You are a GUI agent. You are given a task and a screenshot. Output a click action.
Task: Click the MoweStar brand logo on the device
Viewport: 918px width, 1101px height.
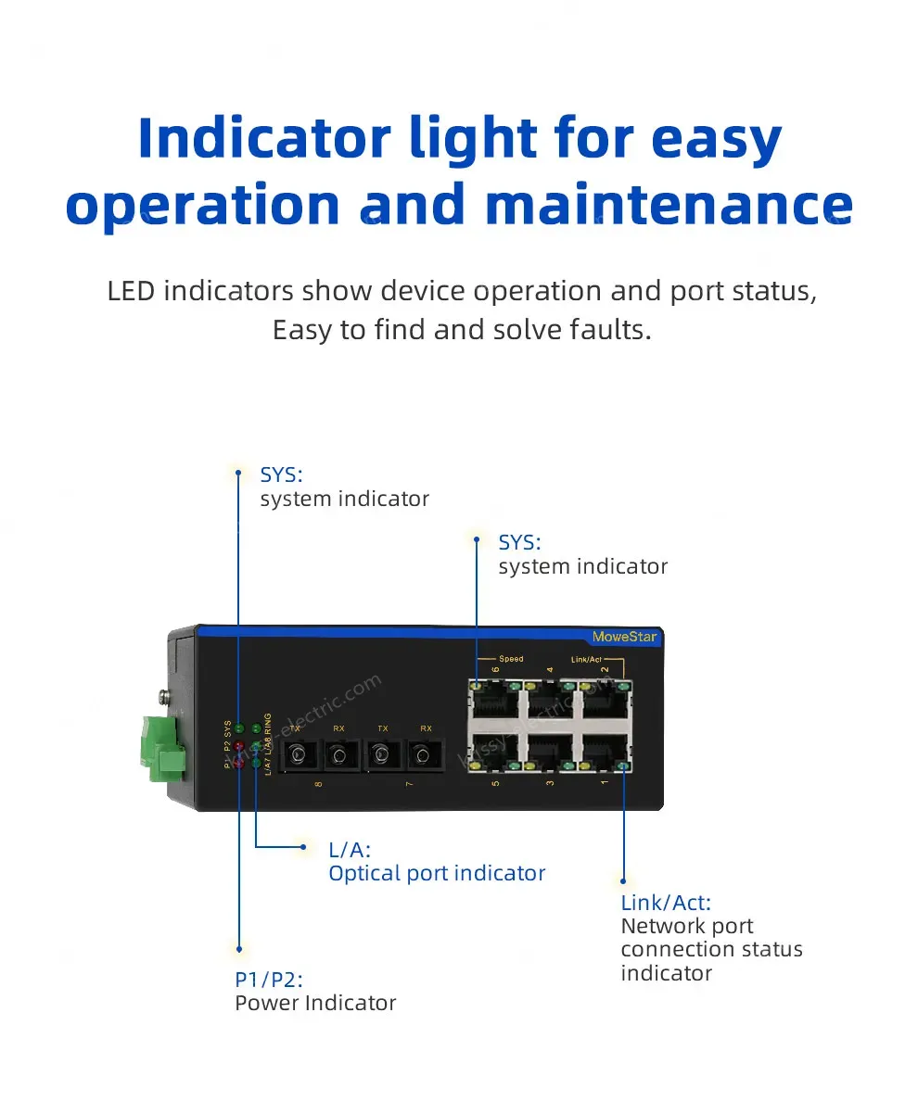click(623, 637)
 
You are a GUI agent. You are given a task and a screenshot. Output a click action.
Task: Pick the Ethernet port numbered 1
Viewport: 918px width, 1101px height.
click(604, 753)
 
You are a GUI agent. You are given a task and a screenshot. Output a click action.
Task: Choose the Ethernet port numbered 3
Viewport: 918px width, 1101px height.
click(549, 753)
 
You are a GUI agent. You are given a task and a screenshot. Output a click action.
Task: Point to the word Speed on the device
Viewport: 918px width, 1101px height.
click(511, 659)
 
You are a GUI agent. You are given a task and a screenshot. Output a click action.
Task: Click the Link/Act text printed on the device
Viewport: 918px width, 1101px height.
click(587, 659)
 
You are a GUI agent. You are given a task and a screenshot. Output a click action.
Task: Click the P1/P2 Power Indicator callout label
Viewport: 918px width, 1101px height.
click(315, 991)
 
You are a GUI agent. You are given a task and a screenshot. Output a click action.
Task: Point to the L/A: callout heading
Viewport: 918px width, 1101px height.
click(350, 849)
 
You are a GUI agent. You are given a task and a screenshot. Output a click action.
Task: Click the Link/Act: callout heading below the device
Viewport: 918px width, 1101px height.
click(666, 902)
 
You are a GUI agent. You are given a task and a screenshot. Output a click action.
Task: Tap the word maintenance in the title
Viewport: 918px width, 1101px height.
click(669, 205)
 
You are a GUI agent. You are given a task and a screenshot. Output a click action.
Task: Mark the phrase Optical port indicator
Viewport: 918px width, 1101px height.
click(437, 873)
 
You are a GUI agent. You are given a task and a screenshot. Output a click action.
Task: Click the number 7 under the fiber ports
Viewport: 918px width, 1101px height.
click(410, 785)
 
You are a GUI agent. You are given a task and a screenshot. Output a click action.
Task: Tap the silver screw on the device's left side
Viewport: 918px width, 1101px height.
click(165, 694)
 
